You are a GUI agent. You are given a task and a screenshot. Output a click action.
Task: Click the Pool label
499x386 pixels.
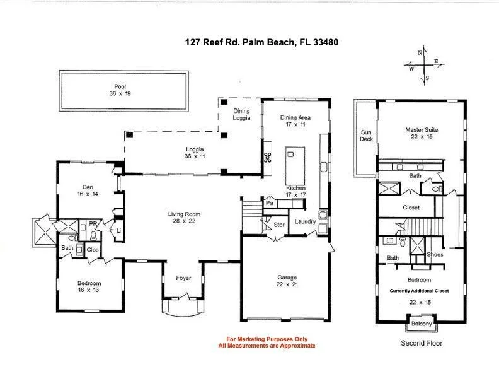[x=120, y=86]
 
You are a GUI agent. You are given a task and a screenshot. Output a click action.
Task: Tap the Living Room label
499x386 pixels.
[x=184, y=214]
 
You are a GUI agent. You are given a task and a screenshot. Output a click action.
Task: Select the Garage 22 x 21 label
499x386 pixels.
[x=287, y=281]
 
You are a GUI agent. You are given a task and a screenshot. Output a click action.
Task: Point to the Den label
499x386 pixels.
[x=88, y=187]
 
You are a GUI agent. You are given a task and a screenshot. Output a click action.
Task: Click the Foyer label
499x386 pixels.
[x=183, y=278]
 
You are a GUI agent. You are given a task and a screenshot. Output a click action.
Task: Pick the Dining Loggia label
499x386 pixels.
[x=241, y=114]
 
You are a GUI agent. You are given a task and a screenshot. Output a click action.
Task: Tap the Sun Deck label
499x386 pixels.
[x=366, y=136]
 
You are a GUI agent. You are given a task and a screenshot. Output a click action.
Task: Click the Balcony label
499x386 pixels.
[x=422, y=324]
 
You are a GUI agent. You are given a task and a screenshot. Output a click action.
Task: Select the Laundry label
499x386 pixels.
[x=305, y=221]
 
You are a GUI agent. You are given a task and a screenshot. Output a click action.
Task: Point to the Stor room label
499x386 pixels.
[x=279, y=225]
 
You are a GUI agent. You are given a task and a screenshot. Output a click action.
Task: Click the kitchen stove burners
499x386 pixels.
[x=268, y=158]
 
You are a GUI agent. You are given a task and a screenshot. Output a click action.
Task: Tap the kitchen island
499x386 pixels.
[x=295, y=166]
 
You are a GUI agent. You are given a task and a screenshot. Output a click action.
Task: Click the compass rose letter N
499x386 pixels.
[x=420, y=53]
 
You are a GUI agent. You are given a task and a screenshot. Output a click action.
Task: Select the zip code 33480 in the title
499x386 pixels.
[x=326, y=42]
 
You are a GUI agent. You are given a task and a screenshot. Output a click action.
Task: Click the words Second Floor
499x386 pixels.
[x=422, y=343]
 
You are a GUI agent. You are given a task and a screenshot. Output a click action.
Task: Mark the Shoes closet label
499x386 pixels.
[x=435, y=254]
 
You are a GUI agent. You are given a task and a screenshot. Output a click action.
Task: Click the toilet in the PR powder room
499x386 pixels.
[x=93, y=236]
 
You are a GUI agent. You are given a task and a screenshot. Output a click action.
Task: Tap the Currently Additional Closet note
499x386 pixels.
[x=419, y=291]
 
